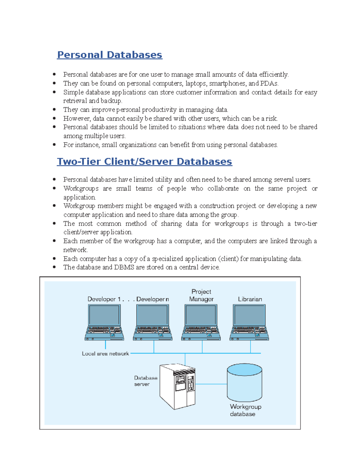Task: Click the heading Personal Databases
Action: click(109, 55)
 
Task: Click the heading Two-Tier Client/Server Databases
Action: click(144, 162)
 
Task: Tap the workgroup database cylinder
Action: click(244, 383)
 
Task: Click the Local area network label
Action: click(105, 354)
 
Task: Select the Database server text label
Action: click(145, 381)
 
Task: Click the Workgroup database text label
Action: click(245, 410)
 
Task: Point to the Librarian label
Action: click(250, 299)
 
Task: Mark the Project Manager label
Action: click(201, 296)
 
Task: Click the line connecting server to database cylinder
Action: click(211, 384)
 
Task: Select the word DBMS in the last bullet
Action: click(124, 267)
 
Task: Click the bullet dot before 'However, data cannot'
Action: click(54, 118)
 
